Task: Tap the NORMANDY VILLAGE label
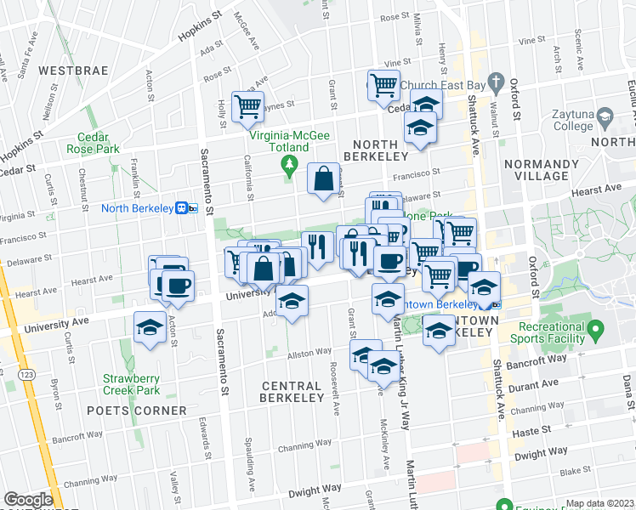536,169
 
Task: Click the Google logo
27,500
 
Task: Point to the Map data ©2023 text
599,502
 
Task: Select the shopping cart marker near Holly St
247,107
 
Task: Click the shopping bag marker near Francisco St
323,179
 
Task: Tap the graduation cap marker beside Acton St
150,328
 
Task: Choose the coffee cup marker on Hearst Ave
177,286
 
